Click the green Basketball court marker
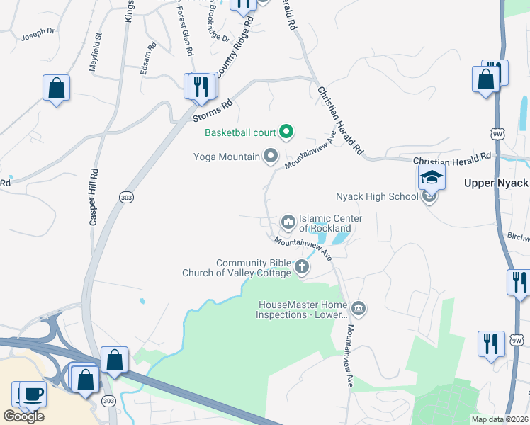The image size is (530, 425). [x=286, y=131]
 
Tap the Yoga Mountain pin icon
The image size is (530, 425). [x=270, y=156]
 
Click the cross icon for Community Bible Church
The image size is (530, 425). [x=302, y=267]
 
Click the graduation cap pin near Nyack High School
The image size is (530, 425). [x=431, y=177]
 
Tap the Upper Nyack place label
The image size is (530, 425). [x=496, y=183]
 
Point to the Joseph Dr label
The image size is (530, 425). [x=38, y=33]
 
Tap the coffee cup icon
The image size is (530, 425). [x=32, y=393]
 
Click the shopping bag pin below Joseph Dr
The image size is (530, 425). [x=56, y=89]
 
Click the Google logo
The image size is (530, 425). [x=23, y=416]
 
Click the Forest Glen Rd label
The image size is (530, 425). [x=184, y=32]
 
